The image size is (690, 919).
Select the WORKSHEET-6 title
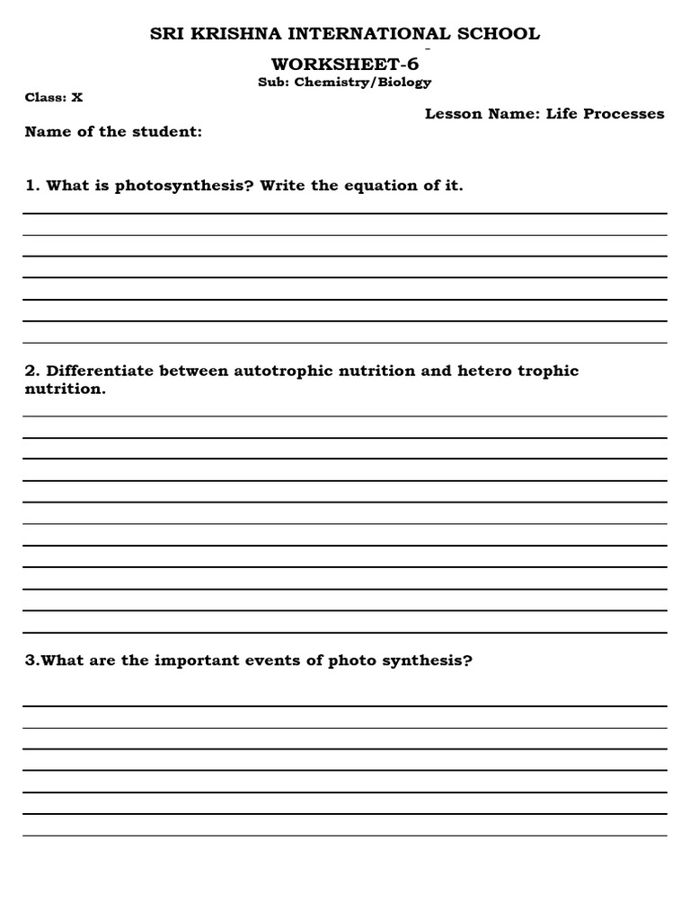[x=345, y=65]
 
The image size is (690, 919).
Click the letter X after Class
[x=77, y=98]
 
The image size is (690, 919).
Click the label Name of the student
[x=113, y=132]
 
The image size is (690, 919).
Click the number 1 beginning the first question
[x=31, y=186]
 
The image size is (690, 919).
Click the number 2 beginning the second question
[x=31, y=371]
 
